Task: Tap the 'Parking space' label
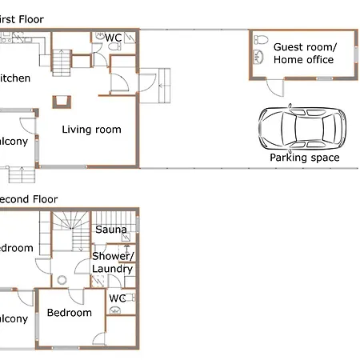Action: click(x=304, y=158)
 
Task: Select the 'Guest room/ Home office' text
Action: click(x=304, y=54)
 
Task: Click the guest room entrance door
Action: click(x=273, y=85)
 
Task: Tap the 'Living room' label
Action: click(x=92, y=130)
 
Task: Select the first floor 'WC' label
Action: click(x=113, y=38)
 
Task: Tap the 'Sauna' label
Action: click(x=111, y=230)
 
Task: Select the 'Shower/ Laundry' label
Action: click(x=112, y=262)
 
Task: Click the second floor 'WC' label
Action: click(x=117, y=298)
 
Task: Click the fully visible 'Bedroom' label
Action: click(x=69, y=313)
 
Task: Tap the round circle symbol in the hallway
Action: click(x=62, y=280)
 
